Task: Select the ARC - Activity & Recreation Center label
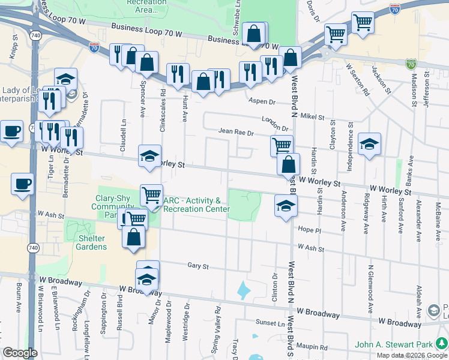pos(196,205)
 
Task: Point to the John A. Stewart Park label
pos(393,344)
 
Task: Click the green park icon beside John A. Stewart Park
pos(441,344)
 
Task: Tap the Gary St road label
pos(197,266)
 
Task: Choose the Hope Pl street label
pos(310,230)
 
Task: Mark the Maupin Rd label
pos(315,347)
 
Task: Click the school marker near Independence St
pos(369,144)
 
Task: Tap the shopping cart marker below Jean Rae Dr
pos(282,145)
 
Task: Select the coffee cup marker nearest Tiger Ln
pos(22,184)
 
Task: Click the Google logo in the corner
pos(20,353)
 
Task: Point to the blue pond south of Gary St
pos(244,291)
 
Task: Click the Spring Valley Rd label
pos(217,324)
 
